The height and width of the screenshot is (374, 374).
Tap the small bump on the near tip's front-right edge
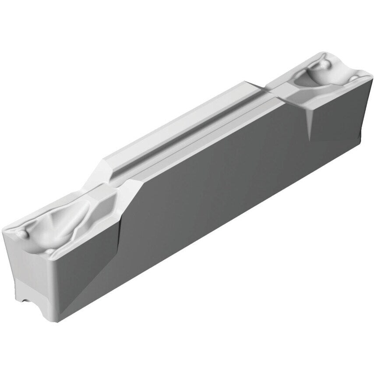(52, 251)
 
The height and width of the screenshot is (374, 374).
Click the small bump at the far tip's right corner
(354, 79)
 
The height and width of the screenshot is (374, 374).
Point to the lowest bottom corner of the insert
(55, 322)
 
